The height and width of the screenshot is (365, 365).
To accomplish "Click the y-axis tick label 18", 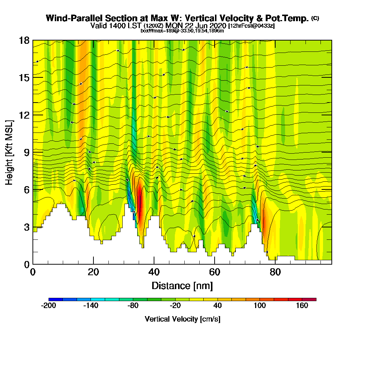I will [x=24, y=40].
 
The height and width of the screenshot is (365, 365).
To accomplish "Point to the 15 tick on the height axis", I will [x=24, y=77].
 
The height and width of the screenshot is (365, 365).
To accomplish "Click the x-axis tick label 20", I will [x=93, y=272].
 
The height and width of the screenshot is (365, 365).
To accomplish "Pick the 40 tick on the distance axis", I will [x=154, y=272].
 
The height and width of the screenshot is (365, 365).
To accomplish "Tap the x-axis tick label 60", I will [x=215, y=272].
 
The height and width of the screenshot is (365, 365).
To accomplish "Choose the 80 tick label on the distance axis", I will [x=275, y=272].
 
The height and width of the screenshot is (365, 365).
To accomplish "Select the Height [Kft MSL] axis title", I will [x=9, y=152].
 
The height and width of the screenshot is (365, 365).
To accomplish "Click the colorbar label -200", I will [x=49, y=306].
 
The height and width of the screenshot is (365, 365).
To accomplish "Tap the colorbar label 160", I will [x=302, y=306].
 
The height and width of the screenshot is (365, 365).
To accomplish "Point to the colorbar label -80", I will [x=133, y=306].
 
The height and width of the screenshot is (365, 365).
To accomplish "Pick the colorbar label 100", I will [x=260, y=306].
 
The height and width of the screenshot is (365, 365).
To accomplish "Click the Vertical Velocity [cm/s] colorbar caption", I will [x=182, y=319].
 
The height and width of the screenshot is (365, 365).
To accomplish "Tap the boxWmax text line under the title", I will [x=182, y=31].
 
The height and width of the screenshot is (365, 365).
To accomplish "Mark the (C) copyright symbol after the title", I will [x=315, y=18].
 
